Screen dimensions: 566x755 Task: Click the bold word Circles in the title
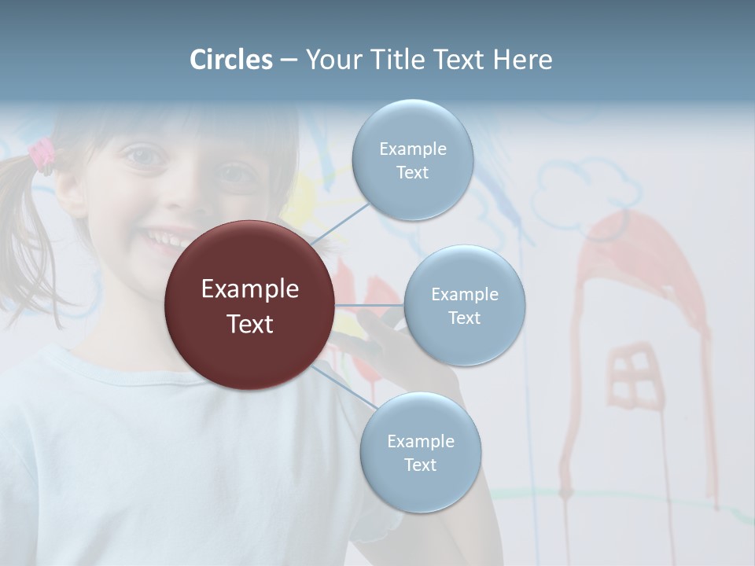tap(231, 60)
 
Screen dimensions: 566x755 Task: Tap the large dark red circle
tap(250, 305)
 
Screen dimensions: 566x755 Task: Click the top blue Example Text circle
tap(413, 160)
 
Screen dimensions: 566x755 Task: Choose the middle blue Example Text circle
tap(464, 306)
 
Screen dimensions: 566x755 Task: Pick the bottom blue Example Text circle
tap(420, 453)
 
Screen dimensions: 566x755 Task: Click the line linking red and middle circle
tap(370, 305)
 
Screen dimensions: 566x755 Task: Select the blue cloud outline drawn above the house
tap(585, 189)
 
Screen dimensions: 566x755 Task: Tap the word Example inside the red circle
tap(250, 289)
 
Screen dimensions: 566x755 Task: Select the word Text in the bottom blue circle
tap(420, 465)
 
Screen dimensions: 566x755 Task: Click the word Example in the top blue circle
tap(413, 149)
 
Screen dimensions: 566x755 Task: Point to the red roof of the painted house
tap(637, 252)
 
